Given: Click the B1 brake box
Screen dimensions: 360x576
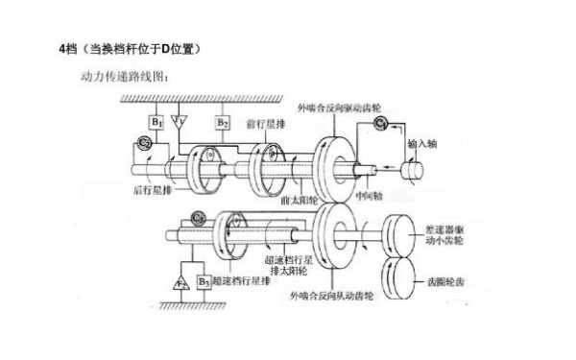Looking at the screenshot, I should pyautogui.click(x=157, y=123).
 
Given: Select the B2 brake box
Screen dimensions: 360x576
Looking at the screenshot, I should pyautogui.click(x=222, y=123).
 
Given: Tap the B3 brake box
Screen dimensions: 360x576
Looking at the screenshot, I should pyautogui.click(x=204, y=281).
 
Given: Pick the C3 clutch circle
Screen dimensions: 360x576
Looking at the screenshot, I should pyautogui.click(x=199, y=218).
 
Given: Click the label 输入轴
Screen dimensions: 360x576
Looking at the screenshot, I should pyautogui.click(x=423, y=143).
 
